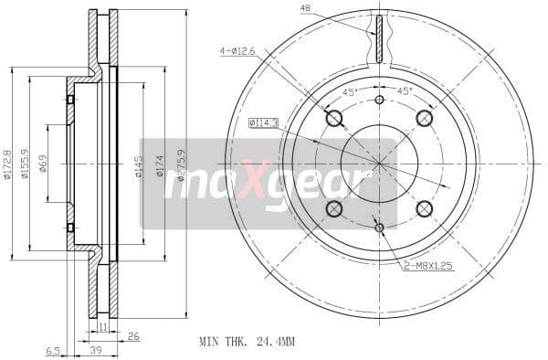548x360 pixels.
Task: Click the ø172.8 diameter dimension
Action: pos(8,164)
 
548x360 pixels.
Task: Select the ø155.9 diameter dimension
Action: pos(26,164)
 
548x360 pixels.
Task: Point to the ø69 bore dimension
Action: pos(44,164)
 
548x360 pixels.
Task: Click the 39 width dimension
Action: pos(95,351)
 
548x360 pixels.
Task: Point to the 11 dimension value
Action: pos(104,325)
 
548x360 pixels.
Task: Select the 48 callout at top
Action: pos(305,9)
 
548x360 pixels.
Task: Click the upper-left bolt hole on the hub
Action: pos(333,118)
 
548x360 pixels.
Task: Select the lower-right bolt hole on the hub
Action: pos(424,209)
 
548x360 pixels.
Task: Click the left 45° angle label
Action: pos(348,91)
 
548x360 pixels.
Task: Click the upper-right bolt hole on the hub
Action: pos(424,118)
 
